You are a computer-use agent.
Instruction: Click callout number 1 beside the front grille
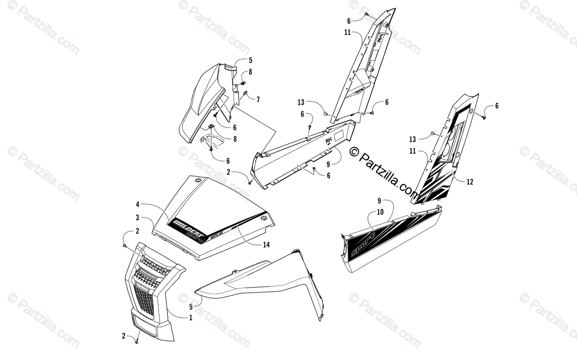pyautogui.click(x=191, y=317)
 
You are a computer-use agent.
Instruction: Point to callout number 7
pyautogui.click(x=258, y=99)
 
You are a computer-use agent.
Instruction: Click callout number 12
pyautogui.click(x=470, y=182)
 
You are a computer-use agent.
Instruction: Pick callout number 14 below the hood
pyautogui.click(x=266, y=245)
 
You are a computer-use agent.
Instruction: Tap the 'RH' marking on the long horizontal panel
pyautogui.click(x=329, y=141)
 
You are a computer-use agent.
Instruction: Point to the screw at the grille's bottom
pyautogui.click(x=137, y=342)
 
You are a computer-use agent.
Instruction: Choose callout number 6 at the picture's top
pyautogui.click(x=349, y=20)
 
